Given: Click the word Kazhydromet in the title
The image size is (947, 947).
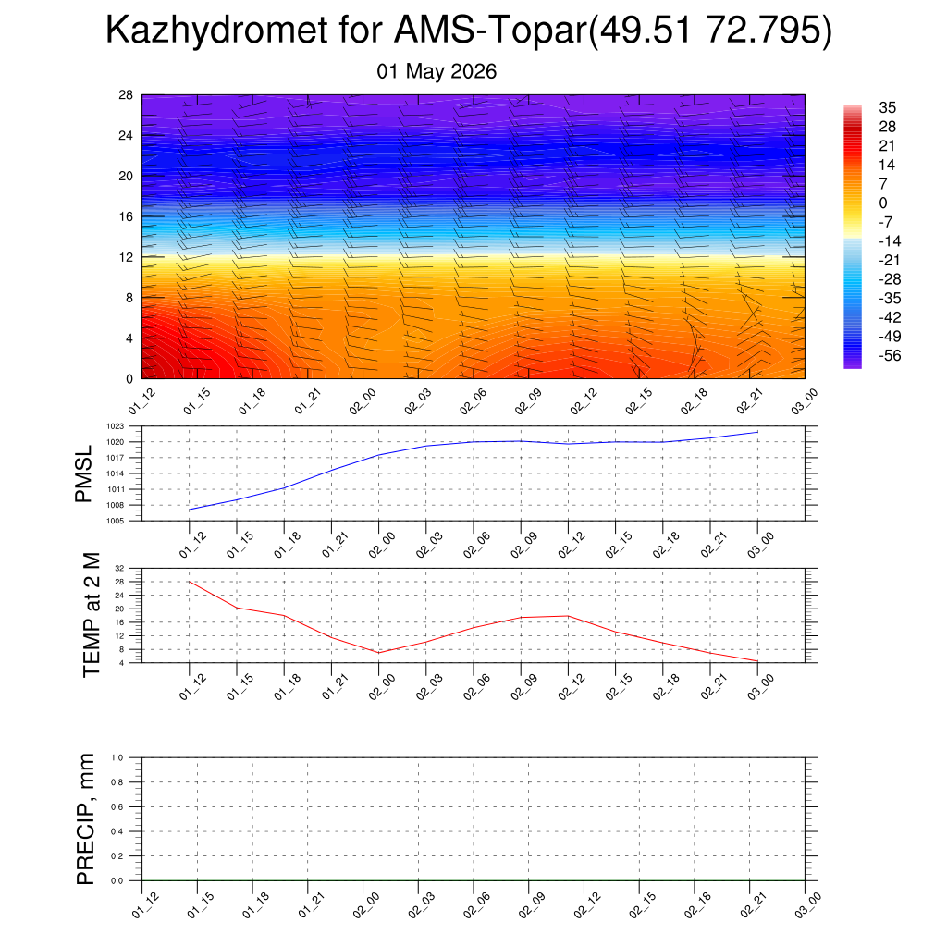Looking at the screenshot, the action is point(216,31).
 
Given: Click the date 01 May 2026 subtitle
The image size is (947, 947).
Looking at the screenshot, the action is point(437,71).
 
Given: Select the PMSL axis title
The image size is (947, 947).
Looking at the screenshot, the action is point(83,473).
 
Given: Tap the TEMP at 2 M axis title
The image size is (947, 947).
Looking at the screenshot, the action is point(91,615).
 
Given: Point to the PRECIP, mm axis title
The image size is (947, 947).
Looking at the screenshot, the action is point(86,819).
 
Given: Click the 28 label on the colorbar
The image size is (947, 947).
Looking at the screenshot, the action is point(887,127).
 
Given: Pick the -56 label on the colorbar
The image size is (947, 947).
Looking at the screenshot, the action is point(890,356).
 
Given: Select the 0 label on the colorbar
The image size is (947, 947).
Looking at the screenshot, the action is point(883,203).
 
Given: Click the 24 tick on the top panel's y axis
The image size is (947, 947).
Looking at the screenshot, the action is point(126,135).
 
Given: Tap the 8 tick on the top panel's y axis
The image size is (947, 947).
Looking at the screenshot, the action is point(129,298).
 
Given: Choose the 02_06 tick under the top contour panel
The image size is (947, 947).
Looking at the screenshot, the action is point(473,401).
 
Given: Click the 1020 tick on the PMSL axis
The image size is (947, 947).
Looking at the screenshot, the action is point(116,442).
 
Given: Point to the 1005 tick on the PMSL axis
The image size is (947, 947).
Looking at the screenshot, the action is point(116,521).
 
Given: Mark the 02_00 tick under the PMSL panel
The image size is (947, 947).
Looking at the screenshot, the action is point(382,545).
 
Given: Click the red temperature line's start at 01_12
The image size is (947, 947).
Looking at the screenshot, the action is point(190,582).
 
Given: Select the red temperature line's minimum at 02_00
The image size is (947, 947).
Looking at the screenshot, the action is point(378,653).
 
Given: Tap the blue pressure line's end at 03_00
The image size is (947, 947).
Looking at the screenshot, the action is point(758,432).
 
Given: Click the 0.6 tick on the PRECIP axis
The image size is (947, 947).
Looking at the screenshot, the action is point(117,806).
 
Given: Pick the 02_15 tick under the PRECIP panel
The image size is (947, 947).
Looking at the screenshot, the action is point(642,904).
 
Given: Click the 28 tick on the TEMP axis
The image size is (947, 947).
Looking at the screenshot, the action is point(119,582).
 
